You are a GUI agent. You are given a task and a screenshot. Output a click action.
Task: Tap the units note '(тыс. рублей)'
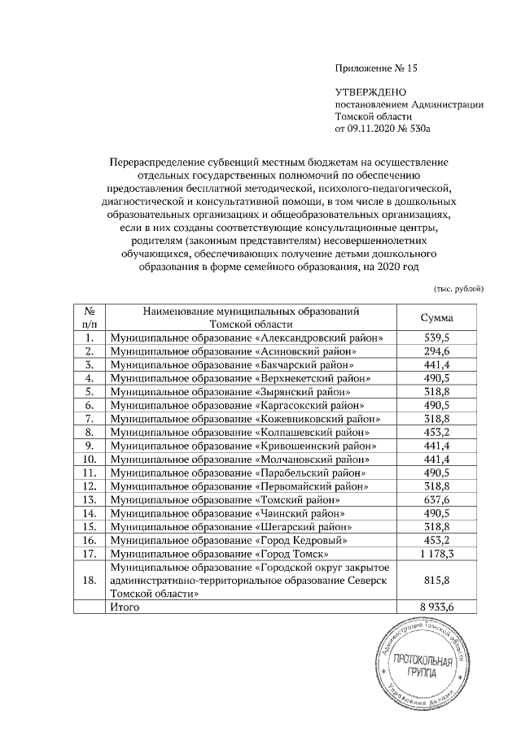(x=458, y=288)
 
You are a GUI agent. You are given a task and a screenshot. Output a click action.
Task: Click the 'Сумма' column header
(x=436, y=318)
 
